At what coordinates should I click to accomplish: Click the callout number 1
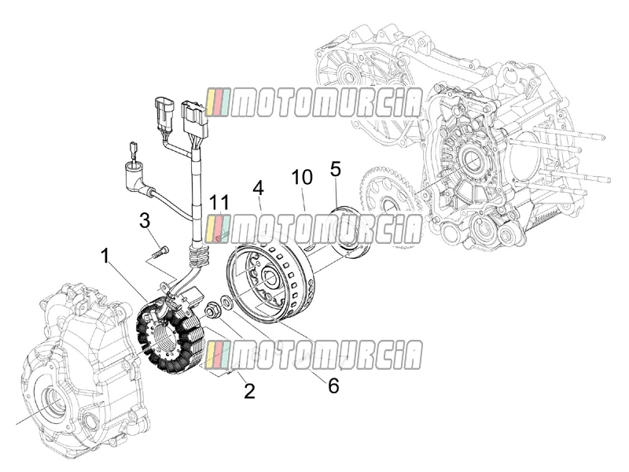(x=105, y=256)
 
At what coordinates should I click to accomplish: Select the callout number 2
(x=249, y=390)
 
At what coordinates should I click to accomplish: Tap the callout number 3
(x=145, y=221)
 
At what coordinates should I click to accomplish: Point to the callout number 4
(x=259, y=188)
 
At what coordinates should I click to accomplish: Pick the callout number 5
(x=336, y=169)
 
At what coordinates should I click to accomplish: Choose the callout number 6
(x=333, y=385)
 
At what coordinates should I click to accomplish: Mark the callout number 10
(x=302, y=177)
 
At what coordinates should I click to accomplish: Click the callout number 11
(x=220, y=202)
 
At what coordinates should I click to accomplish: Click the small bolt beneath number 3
(x=161, y=253)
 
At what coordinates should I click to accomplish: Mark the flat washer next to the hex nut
(x=226, y=302)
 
